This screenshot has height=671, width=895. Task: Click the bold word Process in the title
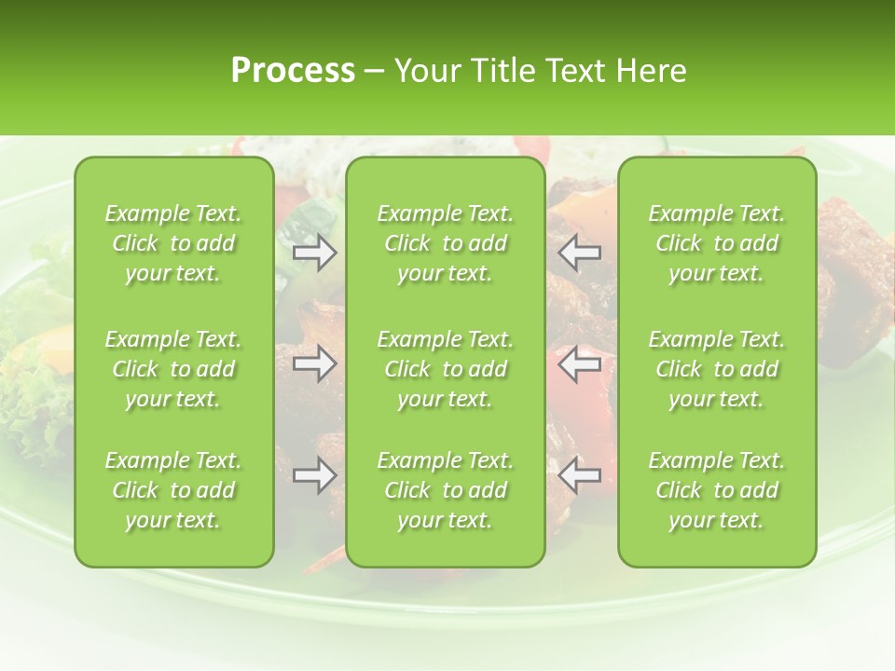pos(293,70)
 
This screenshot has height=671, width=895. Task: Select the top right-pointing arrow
pos(315,253)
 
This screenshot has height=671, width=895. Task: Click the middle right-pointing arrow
pos(315,363)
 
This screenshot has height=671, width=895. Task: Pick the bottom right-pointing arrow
pos(315,474)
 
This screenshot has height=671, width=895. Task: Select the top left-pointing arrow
pos(579,253)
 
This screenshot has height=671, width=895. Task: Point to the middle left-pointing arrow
pos(579,363)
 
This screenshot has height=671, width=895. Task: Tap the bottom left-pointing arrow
pos(579,474)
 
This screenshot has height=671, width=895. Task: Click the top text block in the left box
pos(173,243)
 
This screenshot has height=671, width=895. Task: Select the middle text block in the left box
pos(173,369)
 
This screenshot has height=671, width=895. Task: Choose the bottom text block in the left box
pos(173,490)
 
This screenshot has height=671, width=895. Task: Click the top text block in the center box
pos(446,243)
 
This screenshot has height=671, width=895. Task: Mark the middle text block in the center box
pos(446,369)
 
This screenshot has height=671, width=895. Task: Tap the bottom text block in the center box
pos(446,490)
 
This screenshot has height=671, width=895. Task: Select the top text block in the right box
pos(717,243)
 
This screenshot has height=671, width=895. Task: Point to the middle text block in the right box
pos(717,369)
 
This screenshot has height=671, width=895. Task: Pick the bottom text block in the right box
pos(717,490)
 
